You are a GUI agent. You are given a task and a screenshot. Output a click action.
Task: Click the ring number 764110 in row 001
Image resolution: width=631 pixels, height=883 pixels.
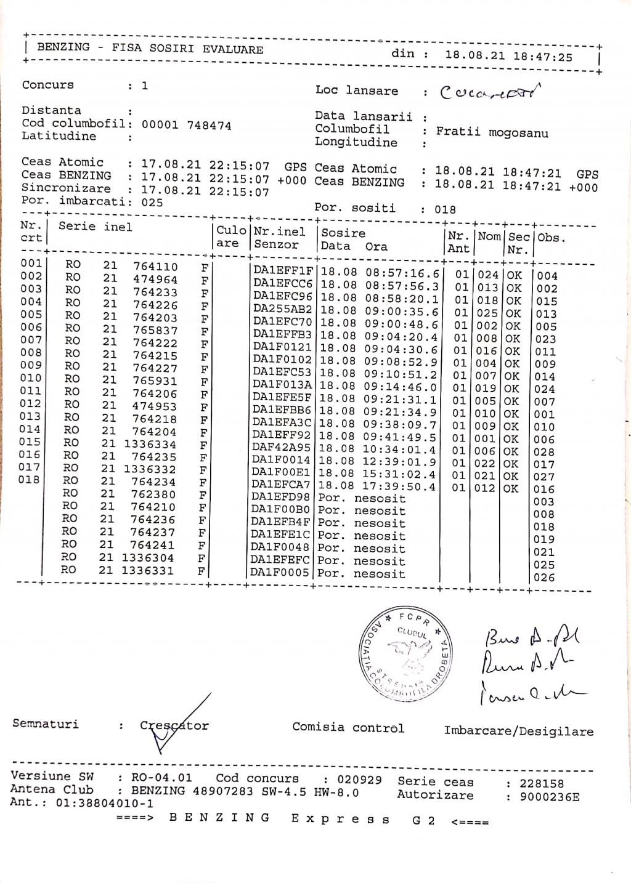(x=155, y=267)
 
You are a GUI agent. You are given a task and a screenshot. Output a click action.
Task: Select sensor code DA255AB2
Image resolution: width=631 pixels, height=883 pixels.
(x=282, y=309)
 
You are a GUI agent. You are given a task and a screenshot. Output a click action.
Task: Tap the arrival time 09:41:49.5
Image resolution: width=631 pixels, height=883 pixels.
(x=399, y=437)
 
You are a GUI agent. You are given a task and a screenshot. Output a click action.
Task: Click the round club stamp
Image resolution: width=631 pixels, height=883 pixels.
(x=405, y=653)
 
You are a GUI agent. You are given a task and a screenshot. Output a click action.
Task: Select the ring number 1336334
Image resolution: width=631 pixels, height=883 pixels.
(x=150, y=444)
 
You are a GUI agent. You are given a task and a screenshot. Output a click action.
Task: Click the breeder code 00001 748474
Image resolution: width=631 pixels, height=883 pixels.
(x=186, y=125)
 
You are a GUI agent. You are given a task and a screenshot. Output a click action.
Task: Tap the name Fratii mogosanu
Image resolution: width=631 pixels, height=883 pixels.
(x=492, y=132)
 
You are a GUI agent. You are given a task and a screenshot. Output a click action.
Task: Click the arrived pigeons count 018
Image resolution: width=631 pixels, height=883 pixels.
(x=445, y=209)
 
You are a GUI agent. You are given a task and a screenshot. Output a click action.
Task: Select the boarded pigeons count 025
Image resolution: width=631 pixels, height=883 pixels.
(x=152, y=202)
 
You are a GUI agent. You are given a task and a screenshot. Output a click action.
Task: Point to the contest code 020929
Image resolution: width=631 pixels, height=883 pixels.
(x=359, y=780)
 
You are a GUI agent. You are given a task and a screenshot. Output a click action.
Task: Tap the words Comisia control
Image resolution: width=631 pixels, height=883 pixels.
(x=348, y=727)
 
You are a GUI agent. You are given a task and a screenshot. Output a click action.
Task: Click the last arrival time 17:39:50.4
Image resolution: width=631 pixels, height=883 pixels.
(x=399, y=486)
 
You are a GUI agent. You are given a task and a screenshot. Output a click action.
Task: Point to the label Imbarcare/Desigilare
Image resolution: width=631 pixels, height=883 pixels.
(x=518, y=731)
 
